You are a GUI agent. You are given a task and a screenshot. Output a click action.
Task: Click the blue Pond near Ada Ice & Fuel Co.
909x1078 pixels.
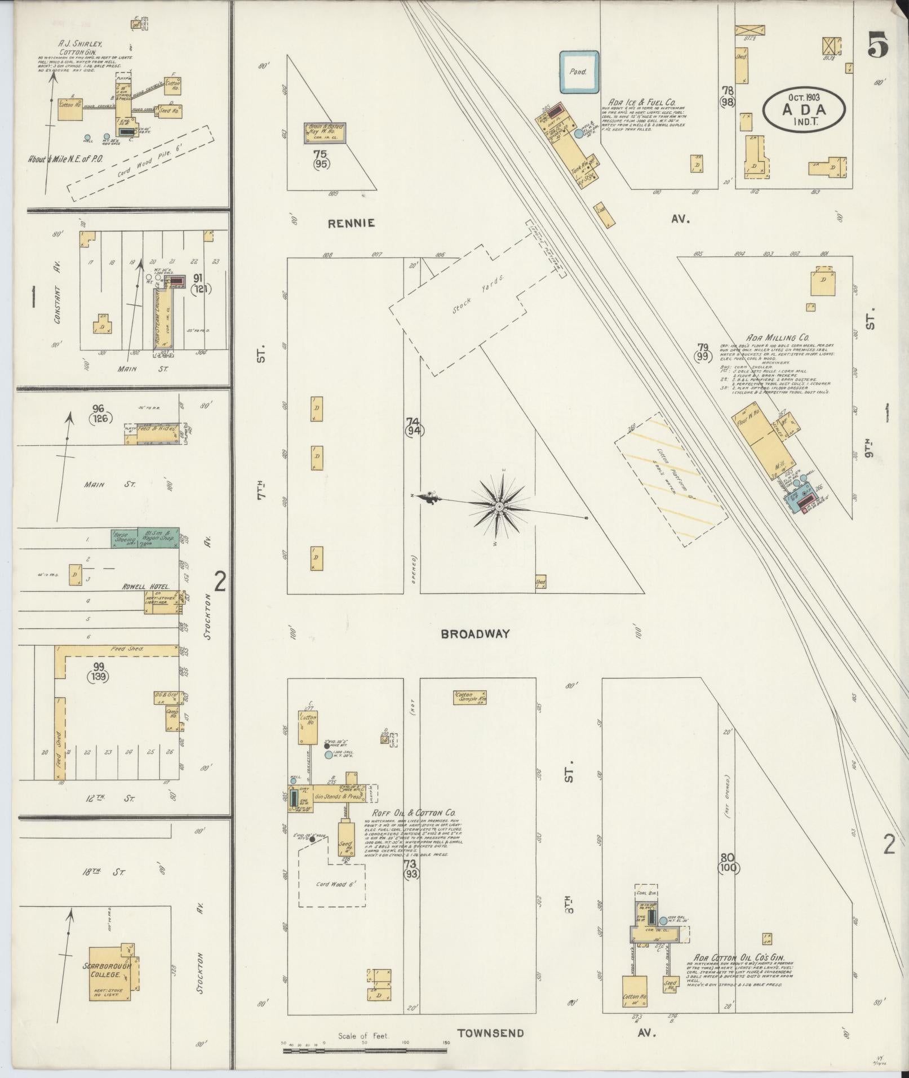[579, 72]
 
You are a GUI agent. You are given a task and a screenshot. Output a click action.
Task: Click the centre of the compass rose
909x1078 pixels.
[499, 507]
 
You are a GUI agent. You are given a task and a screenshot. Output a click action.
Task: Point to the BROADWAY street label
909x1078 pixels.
[475, 634]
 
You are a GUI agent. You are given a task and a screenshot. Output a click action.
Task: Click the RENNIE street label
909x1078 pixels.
[352, 223]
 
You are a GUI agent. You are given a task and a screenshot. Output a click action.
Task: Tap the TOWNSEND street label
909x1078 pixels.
[490, 1033]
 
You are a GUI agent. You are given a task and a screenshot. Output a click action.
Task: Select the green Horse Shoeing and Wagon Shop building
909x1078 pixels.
[145, 537]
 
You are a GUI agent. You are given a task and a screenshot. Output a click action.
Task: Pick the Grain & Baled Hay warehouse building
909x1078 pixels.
[325, 131]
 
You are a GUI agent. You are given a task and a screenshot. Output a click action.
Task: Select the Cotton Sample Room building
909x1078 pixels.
[470, 698]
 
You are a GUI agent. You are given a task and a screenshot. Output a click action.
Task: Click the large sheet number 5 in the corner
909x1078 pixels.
[878, 45]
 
